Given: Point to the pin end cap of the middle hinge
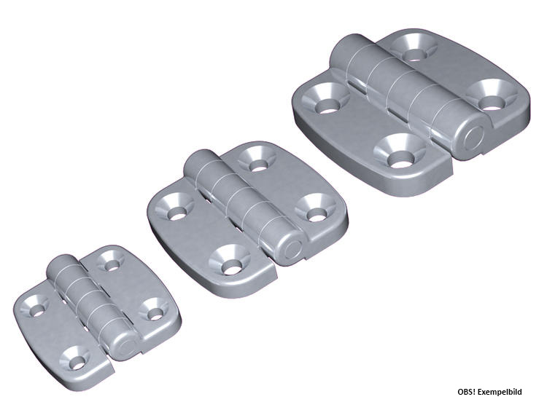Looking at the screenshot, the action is click(x=292, y=249).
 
